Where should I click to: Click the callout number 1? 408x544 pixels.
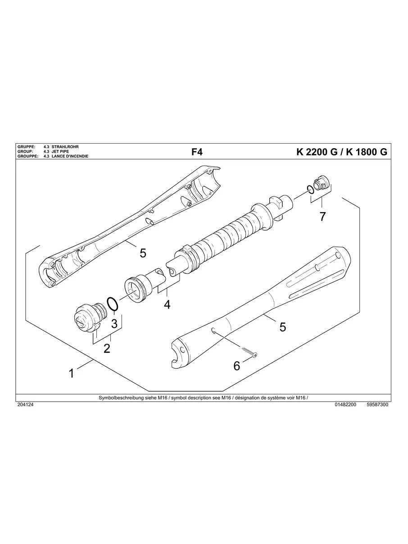pos(71,373)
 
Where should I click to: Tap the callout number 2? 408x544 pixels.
pos(107,348)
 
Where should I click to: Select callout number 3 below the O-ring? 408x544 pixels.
pos(114,323)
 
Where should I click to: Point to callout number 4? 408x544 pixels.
pos(167,304)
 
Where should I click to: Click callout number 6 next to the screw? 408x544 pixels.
pos(237,366)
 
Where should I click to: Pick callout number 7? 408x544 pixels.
pos(322,216)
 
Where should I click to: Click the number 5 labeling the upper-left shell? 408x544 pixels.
pos(143,253)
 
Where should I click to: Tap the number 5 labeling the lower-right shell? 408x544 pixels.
pos(283,327)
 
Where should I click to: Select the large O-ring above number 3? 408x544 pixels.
pos(113,304)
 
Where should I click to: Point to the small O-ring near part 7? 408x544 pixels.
pos(309,189)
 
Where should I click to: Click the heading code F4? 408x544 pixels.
pos(197,152)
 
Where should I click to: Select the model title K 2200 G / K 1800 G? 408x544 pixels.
pos(341,152)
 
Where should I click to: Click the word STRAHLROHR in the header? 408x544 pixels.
pos(66,147)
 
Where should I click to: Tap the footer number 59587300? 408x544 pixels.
pos(378,405)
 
